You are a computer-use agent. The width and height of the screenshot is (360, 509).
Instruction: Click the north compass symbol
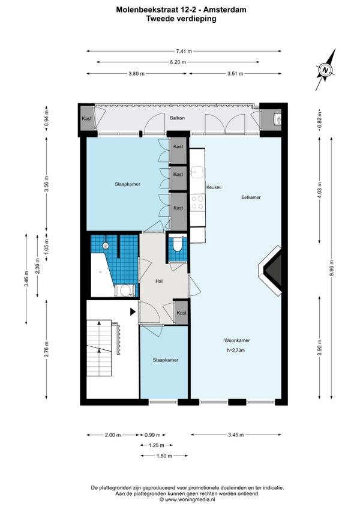point(326,70)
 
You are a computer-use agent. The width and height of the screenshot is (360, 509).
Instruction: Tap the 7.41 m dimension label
point(184,51)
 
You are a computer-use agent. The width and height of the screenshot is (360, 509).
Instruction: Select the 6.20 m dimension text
point(178,62)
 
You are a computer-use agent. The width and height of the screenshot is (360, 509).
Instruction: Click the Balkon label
point(177,118)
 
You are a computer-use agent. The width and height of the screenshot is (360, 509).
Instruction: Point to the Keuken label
point(214,187)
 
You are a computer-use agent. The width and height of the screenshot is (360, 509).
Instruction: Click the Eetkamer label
point(251,197)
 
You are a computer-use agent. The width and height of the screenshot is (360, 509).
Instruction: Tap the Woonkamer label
point(237,340)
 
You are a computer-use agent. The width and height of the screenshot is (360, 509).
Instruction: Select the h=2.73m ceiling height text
point(236,351)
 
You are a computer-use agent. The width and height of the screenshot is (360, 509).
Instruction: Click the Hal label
point(159,282)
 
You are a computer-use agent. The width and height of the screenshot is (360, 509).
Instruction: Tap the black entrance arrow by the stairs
point(133,312)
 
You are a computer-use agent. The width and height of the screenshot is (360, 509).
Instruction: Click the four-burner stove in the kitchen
point(197,202)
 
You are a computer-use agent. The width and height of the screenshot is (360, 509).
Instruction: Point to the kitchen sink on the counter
point(197,172)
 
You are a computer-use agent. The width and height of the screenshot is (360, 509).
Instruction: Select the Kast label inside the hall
point(182,313)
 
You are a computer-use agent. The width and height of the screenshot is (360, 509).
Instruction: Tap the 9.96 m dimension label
point(331,268)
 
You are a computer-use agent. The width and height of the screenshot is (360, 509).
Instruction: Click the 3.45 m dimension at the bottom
point(236,435)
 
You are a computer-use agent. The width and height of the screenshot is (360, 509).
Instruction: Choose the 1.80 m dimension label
point(164,456)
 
